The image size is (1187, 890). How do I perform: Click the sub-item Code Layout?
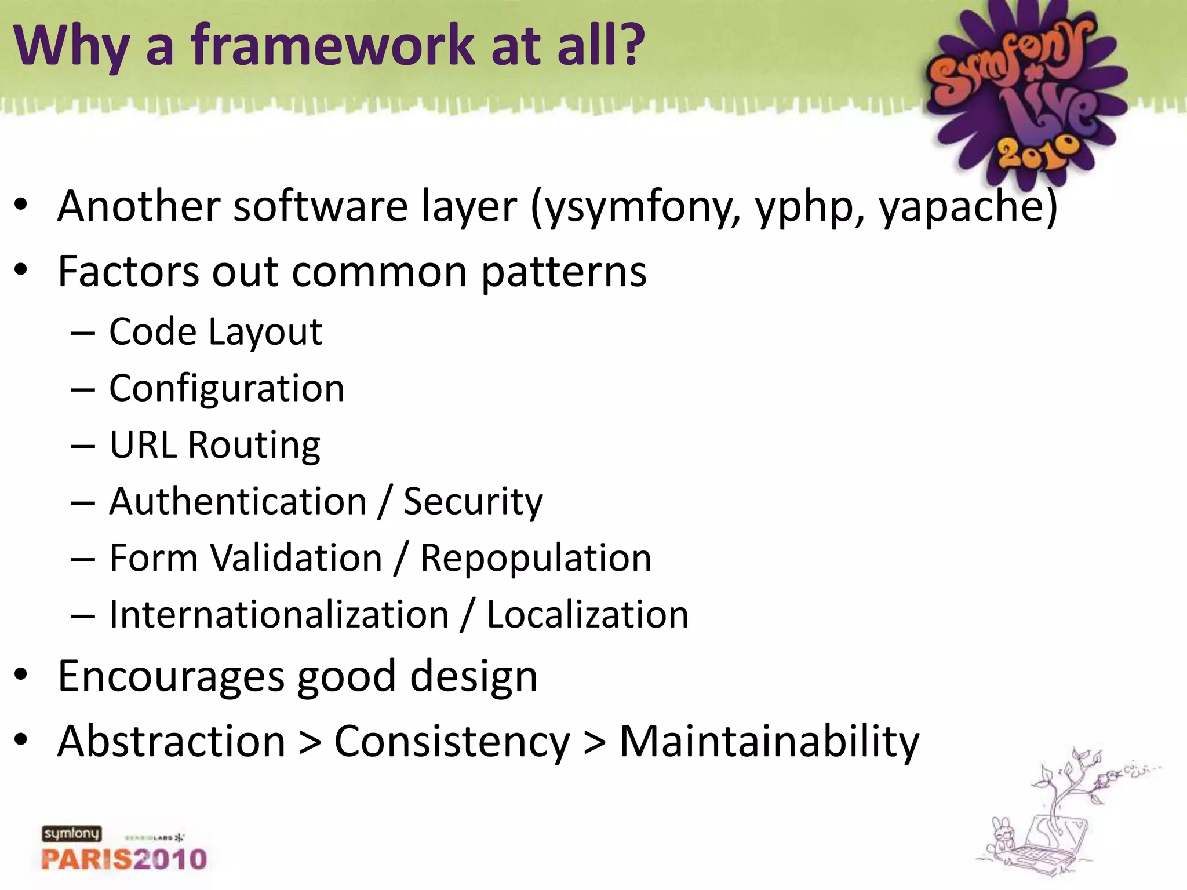tap(216, 332)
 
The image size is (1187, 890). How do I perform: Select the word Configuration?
tap(227, 388)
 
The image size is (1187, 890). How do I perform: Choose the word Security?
tap(473, 502)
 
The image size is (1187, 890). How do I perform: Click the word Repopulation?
tap(536, 559)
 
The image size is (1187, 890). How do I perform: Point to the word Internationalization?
tap(279, 615)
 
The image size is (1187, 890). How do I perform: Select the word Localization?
tap(587, 615)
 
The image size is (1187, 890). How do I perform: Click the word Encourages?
tap(171, 677)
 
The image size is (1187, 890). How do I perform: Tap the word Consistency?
tap(452, 742)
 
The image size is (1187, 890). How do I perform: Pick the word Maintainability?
tap(769, 742)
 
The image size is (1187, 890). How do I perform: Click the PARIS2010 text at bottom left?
tap(124, 859)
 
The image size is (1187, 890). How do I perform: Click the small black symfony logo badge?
tap(71, 833)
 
